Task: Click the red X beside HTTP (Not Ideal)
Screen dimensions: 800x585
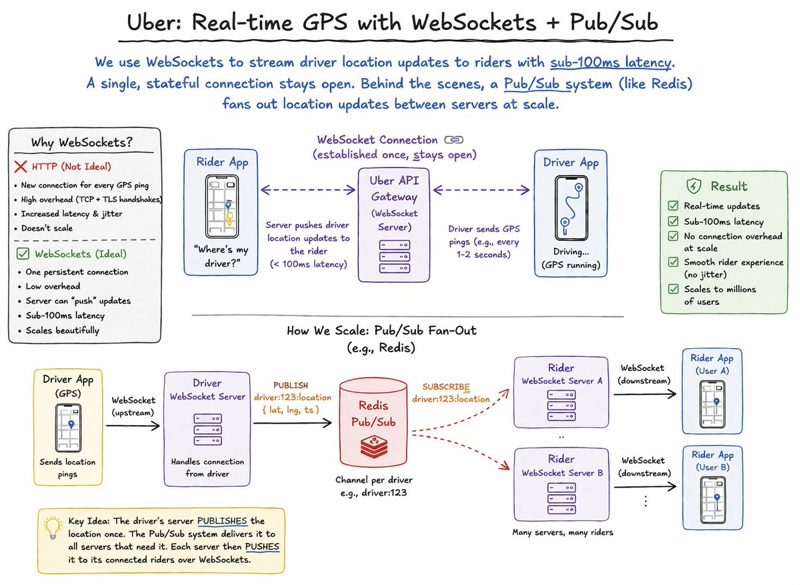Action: [21, 167]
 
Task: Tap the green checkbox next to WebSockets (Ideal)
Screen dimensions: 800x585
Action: [23, 253]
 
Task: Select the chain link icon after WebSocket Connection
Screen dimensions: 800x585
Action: [453, 139]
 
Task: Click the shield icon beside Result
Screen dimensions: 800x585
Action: [693, 186]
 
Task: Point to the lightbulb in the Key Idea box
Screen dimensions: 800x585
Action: [53, 528]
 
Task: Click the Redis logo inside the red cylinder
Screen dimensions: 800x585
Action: [373, 447]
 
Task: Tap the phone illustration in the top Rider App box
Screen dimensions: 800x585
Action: [222, 206]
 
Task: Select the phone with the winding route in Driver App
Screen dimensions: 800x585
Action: [571, 208]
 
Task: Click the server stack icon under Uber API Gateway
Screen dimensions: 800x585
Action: [394, 257]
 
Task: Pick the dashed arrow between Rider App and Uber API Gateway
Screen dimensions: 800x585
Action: [308, 189]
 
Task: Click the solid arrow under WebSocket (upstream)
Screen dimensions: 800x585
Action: [133, 426]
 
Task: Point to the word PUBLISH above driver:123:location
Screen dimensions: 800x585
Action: [291, 386]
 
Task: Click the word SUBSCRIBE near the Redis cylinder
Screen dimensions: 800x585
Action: [446, 387]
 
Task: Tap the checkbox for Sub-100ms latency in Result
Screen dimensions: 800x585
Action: [673, 221]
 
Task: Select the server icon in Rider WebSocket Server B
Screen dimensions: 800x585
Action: [561, 498]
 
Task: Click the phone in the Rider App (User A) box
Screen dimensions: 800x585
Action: [712, 404]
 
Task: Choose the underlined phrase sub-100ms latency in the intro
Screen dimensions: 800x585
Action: [611, 63]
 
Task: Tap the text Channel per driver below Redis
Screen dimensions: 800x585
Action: [373, 480]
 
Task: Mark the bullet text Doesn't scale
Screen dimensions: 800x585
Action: [47, 228]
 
